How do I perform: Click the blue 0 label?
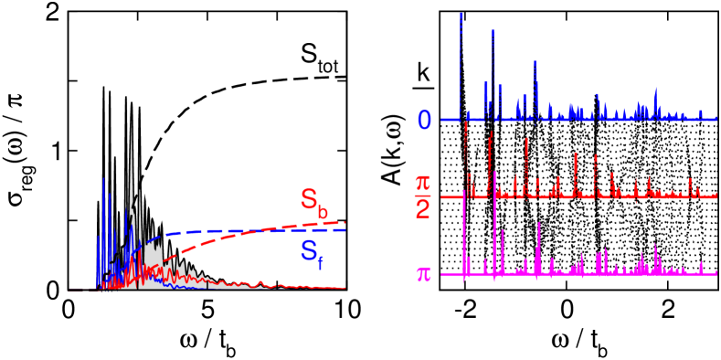tap(424, 120)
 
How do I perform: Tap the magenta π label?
tap(424, 274)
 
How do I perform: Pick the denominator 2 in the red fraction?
tap(422, 206)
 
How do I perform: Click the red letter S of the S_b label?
tap(310, 199)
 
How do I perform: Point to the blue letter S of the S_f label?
tap(310, 249)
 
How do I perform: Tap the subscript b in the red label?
tap(323, 210)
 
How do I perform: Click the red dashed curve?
tap(256, 235)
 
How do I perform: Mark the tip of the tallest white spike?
tap(132, 122)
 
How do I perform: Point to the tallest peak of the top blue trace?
tap(461, 15)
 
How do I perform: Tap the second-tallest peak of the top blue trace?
tap(493, 30)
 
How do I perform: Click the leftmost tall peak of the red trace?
tap(466, 123)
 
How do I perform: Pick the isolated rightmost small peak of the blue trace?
tap(700, 111)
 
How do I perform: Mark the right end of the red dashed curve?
tap(345, 222)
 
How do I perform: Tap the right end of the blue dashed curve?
tap(345, 229)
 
